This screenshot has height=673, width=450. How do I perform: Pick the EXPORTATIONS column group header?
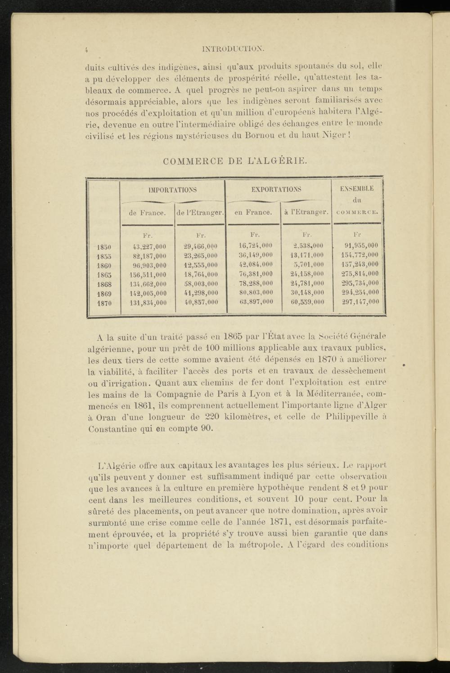tap(276, 190)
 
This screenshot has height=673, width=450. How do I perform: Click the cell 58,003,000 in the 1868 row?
tap(201, 284)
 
